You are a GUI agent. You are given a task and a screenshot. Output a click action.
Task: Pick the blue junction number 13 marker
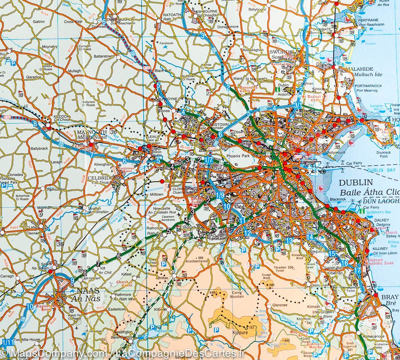[x=289, y=240]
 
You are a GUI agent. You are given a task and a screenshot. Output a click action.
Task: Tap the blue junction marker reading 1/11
[x=7, y=342]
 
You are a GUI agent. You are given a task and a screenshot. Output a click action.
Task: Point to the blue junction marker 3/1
[x=298, y=105]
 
